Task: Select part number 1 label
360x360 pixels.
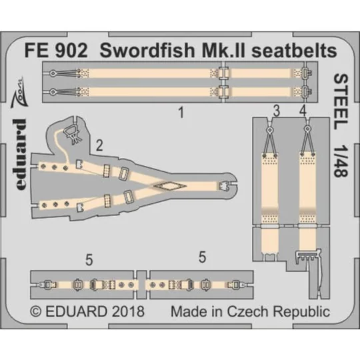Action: pos(181,113)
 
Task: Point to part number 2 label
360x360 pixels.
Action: pos(99,145)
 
